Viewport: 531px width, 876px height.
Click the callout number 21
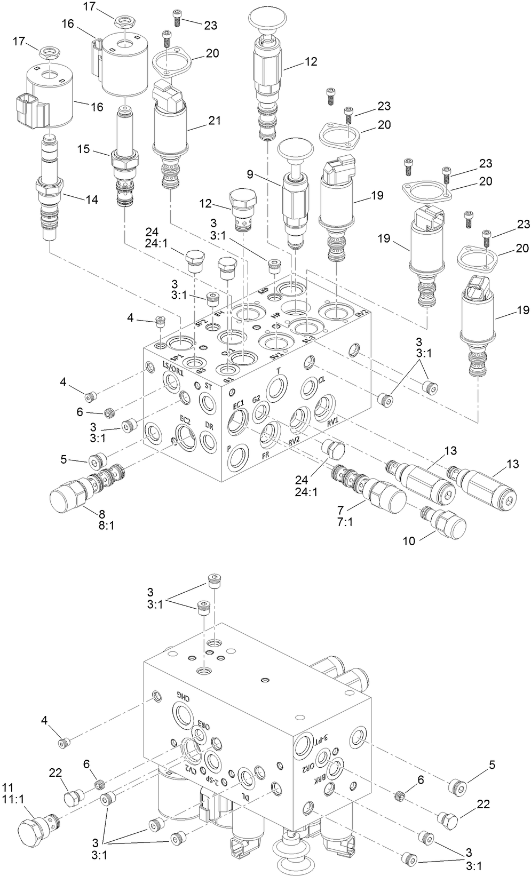click(214, 121)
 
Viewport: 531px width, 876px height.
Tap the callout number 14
click(91, 200)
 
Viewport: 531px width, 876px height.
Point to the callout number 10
click(409, 541)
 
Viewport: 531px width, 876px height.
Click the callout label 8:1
click(105, 525)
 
